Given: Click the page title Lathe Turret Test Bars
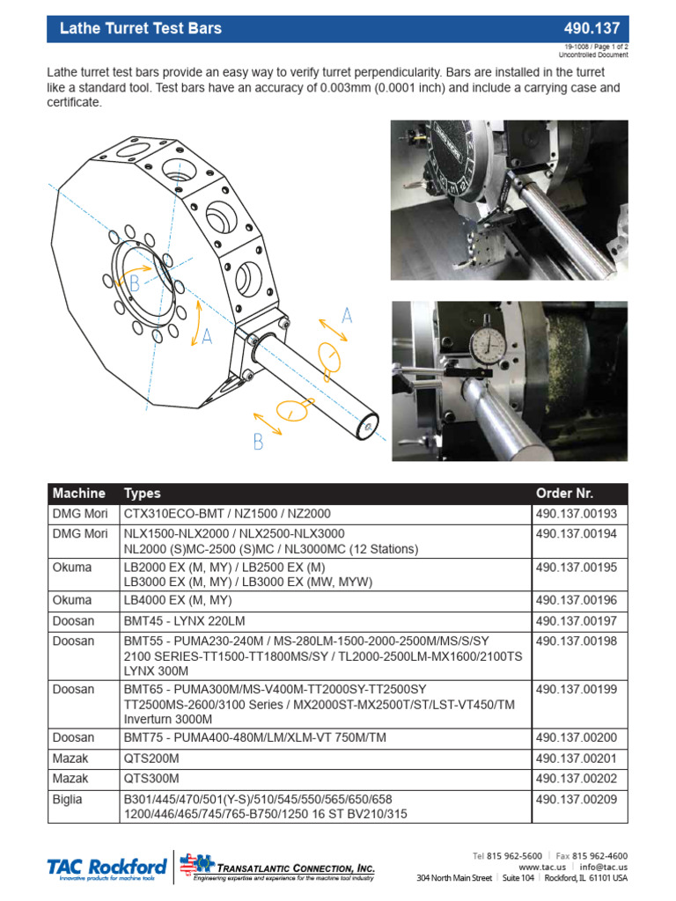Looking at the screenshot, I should point(140,28).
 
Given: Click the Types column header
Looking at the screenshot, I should point(143,493).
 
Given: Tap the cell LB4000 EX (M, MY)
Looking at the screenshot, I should point(177,601).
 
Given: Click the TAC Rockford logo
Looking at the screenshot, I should point(106,868).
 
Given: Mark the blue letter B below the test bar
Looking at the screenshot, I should point(258,443).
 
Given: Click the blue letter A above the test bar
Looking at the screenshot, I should point(347,315).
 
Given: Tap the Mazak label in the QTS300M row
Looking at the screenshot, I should point(70,779).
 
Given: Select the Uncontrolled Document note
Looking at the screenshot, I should point(596,55).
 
